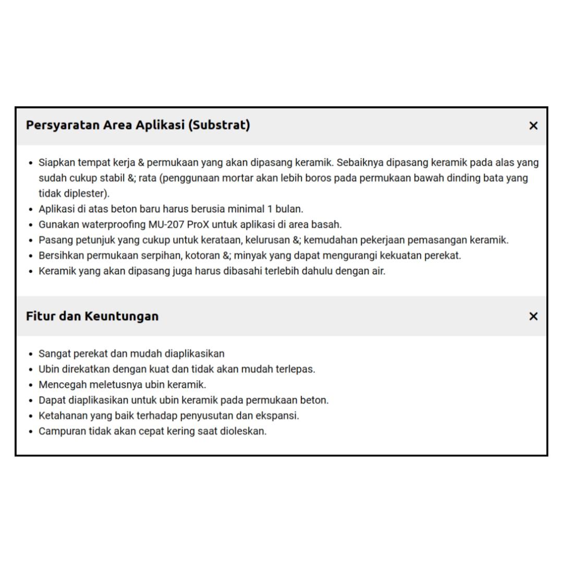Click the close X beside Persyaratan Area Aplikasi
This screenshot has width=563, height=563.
point(533,126)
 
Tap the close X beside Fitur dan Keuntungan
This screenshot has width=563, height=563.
point(533,316)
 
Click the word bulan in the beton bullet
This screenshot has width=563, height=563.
point(288,209)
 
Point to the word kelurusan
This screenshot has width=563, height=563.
point(268,240)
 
